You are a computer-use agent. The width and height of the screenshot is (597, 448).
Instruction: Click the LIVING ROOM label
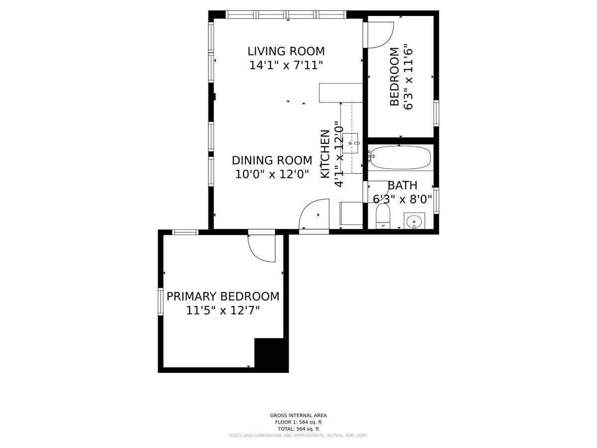coord(286,51)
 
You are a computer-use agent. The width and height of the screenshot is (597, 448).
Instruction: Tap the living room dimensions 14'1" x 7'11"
coord(286,65)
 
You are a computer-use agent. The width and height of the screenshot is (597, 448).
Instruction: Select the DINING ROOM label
coord(272,160)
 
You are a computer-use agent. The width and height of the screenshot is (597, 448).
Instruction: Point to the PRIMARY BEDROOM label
coord(223,296)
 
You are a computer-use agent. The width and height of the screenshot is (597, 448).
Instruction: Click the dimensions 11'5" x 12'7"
coord(223,310)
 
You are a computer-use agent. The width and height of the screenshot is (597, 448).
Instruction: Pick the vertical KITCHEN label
coord(325,154)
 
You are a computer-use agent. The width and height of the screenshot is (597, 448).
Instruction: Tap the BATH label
coord(402,186)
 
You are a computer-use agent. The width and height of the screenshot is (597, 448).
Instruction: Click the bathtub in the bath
coord(399,158)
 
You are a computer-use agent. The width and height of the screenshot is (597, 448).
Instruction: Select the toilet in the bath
coord(383,216)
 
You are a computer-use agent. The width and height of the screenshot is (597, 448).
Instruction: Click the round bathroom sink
coord(414,221)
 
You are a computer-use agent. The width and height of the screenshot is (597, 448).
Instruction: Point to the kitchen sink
coord(350,143)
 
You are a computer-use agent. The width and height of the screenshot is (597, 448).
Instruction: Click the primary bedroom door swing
coord(262,248)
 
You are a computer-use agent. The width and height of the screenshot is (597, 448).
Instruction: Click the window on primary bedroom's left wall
coord(161,301)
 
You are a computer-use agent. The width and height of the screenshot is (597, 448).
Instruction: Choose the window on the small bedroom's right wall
coord(436,113)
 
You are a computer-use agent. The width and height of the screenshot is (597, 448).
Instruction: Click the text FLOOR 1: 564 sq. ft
coord(298,422)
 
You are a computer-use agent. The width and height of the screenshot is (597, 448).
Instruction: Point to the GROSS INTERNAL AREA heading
coord(298,415)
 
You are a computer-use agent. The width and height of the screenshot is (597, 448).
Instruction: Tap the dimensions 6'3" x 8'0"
coord(402,200)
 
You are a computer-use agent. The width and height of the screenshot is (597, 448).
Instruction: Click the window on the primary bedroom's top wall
coord(185,232)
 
